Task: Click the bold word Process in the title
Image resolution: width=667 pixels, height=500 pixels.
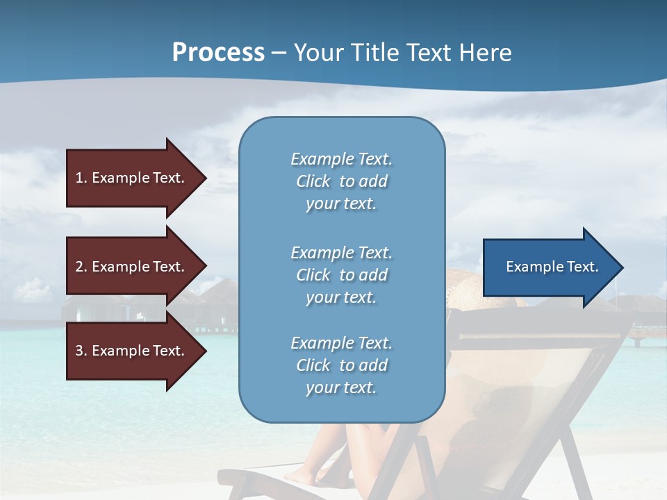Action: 218,53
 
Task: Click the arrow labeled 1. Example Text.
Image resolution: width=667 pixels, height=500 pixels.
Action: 132,178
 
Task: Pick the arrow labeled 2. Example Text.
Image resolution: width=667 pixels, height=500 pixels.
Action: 132,267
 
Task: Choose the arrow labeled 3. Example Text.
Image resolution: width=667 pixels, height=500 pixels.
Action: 132,351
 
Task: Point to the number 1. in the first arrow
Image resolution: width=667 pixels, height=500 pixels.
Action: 81,178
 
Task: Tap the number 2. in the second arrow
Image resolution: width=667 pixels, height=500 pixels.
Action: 81,267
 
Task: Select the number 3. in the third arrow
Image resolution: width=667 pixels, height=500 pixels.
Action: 81,351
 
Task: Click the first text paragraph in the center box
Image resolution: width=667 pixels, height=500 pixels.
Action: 341,181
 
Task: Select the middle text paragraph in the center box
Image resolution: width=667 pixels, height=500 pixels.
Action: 341,275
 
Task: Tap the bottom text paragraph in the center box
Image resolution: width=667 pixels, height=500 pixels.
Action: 341,365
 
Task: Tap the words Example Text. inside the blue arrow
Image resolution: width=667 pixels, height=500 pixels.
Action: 552,267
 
